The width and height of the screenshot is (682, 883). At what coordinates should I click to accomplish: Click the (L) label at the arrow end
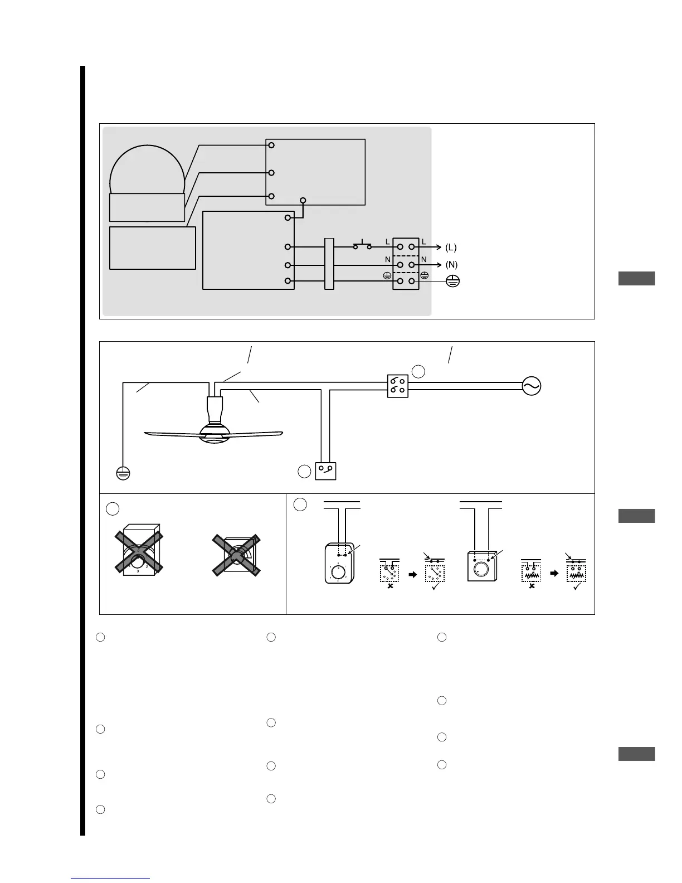[x=451, y=247]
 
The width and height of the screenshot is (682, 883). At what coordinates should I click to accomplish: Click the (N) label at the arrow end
[x=451, y=265]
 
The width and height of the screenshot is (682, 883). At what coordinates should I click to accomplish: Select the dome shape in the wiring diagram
[x=147, y=170]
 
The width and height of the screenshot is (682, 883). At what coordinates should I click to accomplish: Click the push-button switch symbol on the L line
[x=362, y=245]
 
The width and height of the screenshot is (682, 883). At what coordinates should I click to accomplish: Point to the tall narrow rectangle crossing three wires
[x=329, y=264]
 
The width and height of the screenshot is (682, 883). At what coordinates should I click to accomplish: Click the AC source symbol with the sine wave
[x=532, y=386]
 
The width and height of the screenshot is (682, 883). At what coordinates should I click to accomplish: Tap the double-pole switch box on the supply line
[x=398, y=386]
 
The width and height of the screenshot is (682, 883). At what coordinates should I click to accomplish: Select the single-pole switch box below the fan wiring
[x=326, y=471]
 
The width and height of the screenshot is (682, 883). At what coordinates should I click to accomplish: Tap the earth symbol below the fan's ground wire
[x=123, y=473]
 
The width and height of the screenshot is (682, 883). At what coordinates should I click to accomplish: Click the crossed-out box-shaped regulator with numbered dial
[x=139, y=552]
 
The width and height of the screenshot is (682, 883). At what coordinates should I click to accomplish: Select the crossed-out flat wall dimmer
[x=236, y=555]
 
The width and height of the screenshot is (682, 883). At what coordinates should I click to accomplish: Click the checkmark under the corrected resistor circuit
[x=577, y=586]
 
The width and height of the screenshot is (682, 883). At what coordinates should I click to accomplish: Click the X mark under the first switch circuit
[x=390, y=586]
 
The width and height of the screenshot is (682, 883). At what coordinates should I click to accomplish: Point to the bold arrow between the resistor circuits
[x=554, y=573]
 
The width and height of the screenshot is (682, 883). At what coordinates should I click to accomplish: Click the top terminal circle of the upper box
[x=271, y=145]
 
